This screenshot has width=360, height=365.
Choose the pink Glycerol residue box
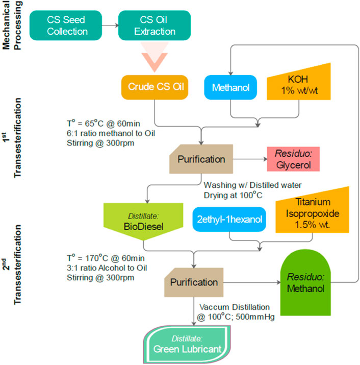pyautogui.click(x=293, y=159)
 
